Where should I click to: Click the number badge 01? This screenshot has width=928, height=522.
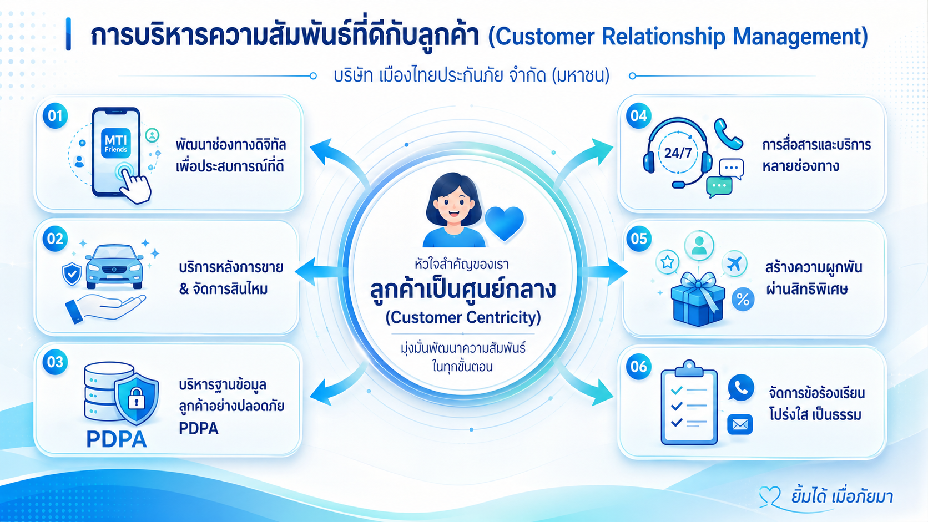(x=55, y=115)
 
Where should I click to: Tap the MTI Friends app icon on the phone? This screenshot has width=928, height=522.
(x=116, y=143)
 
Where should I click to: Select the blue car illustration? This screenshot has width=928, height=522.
(x=114, y=266)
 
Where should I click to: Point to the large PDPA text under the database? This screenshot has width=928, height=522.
(x=117, y=439)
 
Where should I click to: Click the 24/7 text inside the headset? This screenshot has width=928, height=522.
(x=678, y=153)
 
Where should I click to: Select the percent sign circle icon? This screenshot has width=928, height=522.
(x=743, y=299)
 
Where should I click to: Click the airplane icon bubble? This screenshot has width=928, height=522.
(x=734, y=263)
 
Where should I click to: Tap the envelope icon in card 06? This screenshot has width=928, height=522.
(x=740, y=424)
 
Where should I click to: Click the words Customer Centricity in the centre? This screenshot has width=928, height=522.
(x=463, y=317)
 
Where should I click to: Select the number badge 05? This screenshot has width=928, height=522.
(x=638, y=239)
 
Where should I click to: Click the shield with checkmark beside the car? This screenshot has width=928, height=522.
(x=72, y=273)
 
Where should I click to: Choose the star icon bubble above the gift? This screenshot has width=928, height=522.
(x=667, y=262)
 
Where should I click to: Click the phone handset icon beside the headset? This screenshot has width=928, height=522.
(x=728, y=134)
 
